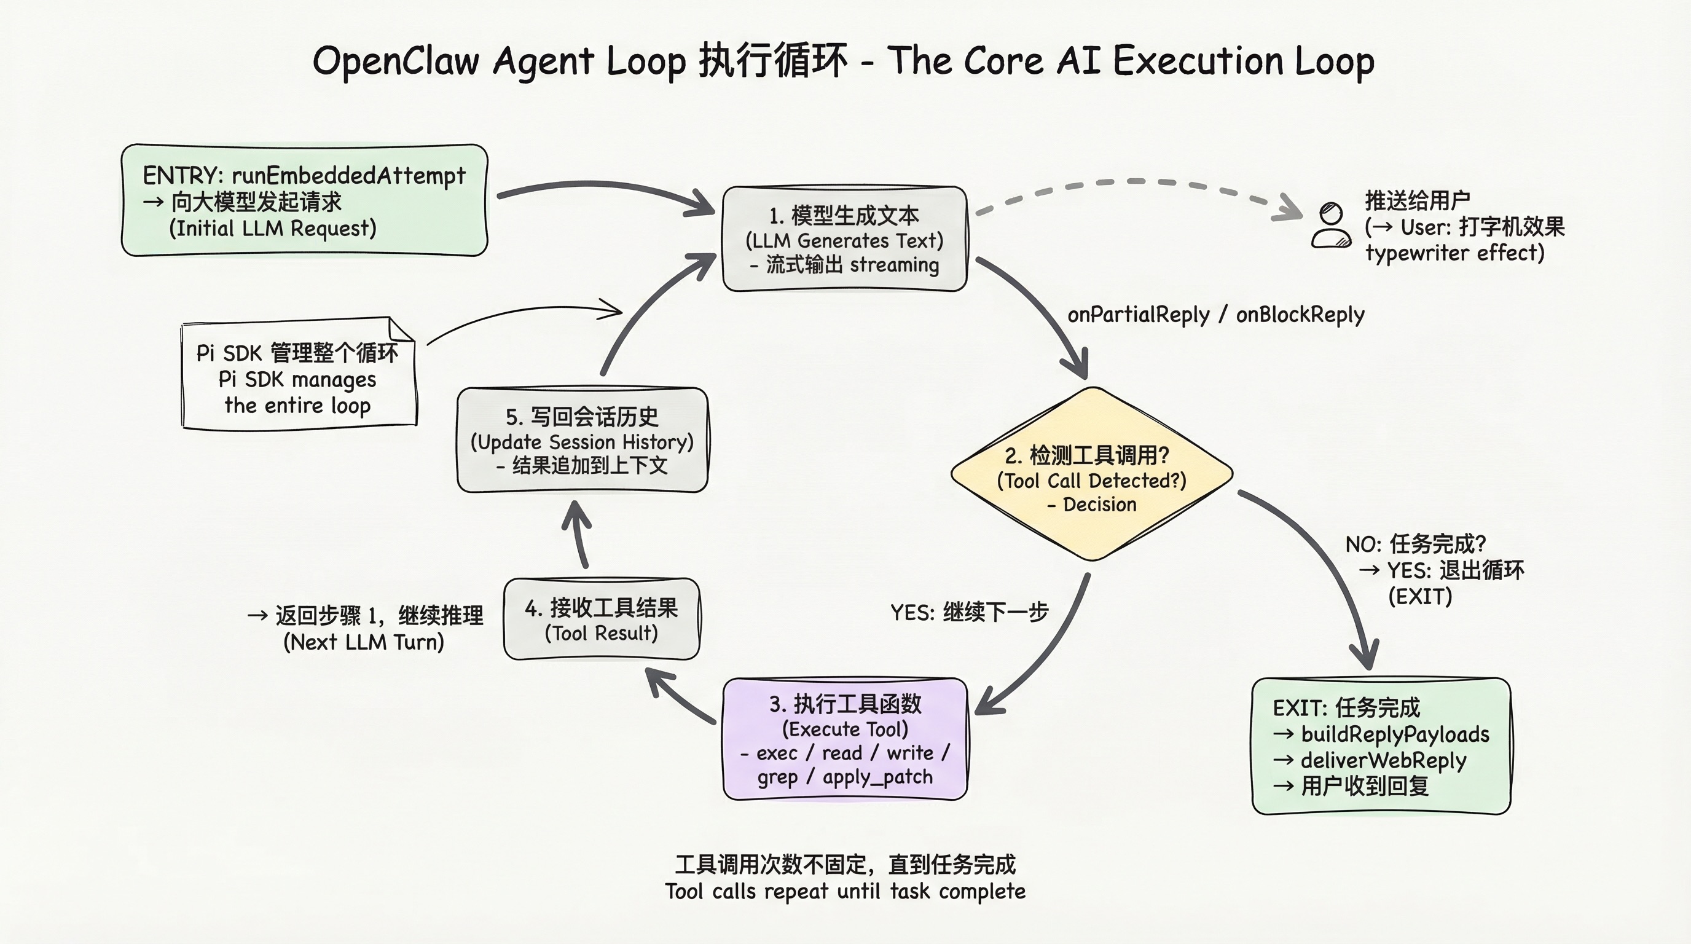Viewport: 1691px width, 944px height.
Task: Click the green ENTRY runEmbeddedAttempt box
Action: [x=304, y=200]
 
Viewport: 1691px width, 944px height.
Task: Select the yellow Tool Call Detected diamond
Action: [x=1092, y=474]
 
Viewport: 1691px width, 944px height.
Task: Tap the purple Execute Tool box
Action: [x=845, y=739]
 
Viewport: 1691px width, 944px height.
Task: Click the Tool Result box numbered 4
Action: [x=602, y=619]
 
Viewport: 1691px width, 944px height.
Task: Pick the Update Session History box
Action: [x=583, y=440]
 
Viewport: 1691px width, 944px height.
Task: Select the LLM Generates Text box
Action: [x=844, y=239]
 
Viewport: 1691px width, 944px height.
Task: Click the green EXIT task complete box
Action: [x=1381, y=746]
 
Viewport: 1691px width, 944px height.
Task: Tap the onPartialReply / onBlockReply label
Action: [x=1216, y=315]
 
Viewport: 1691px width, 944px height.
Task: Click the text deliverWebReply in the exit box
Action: [x=1383, y=760]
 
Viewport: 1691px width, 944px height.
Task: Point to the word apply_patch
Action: [x=877, y=777]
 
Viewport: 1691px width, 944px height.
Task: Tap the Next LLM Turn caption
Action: [x=364, y=642]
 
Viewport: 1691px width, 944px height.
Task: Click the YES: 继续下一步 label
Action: [x=969, y=613]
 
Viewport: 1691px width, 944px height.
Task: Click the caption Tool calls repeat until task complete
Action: [x=845, y=892]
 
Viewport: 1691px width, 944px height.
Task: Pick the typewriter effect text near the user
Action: [x=1454, y=253]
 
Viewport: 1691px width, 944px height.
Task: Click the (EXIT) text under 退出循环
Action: [x=1420, y=596]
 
